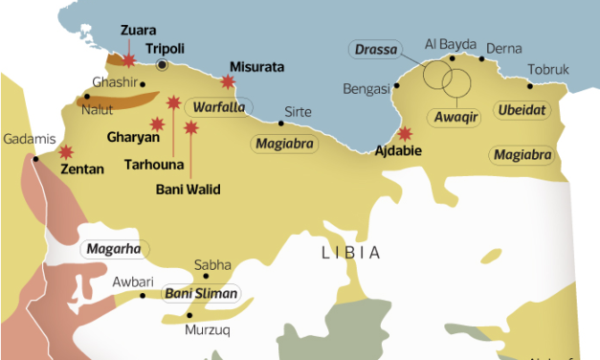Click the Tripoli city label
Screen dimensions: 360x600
click(165, 47)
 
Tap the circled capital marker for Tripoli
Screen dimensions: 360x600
click(163, 65)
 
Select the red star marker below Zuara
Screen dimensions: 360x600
click(128, 60)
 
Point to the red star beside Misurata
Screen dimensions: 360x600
click(228, 81)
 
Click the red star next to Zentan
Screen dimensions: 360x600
click(66, 151)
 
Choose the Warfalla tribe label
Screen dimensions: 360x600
click(217, 106)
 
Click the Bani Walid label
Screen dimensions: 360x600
click(189, 190)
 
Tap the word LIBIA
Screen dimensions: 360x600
click(350, 253)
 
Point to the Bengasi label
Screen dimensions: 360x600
click(367, 89)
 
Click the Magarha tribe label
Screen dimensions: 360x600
click(114, 250)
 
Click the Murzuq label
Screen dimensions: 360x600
click(208, 330)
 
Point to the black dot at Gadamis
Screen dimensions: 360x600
click(36, 159)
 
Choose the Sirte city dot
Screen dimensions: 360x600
click(280, 123)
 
